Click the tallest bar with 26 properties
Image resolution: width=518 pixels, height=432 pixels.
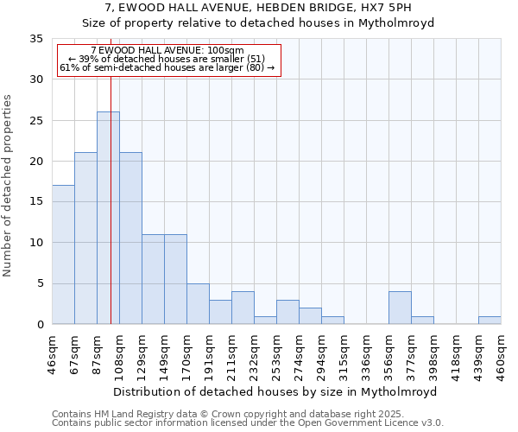[x=108, y=218]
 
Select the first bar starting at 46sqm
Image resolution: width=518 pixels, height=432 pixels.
[x=63, y=255]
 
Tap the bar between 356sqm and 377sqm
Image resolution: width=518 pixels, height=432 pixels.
[x=400, y=308]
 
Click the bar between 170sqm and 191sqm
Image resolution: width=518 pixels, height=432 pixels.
[x=198, y=303]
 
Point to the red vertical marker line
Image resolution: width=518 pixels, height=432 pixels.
[x=111, y=190]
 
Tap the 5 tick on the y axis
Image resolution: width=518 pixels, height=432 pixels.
[x=40, y=283]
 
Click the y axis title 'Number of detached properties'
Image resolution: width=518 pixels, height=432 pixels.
[x=9, y=186]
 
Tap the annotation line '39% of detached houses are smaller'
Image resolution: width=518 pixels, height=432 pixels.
[x=167, y=59]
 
